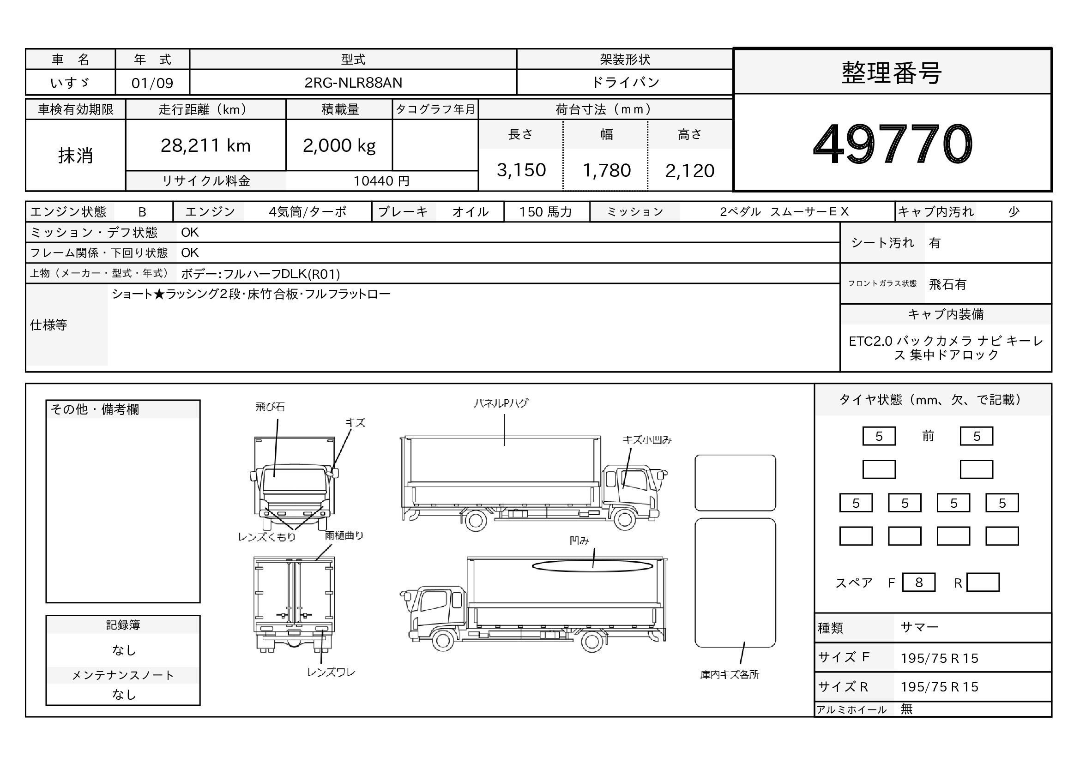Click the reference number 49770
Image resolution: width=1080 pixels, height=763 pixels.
point(893,144)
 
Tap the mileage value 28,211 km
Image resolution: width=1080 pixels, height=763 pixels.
point(205,146)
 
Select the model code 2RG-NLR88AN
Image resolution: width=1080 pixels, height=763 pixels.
point(353,83)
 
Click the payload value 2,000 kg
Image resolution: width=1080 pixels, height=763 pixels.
point(339,146)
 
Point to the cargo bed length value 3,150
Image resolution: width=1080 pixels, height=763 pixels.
point(521,170)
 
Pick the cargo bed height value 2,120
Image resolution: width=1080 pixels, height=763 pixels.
point(689,171)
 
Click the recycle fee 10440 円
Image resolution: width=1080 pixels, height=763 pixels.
point(381,181)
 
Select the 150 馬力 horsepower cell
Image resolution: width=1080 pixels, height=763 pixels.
point(545,212)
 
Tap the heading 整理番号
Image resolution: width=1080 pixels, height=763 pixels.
point(892,73)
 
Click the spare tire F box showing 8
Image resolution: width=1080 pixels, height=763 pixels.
point(919,583)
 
